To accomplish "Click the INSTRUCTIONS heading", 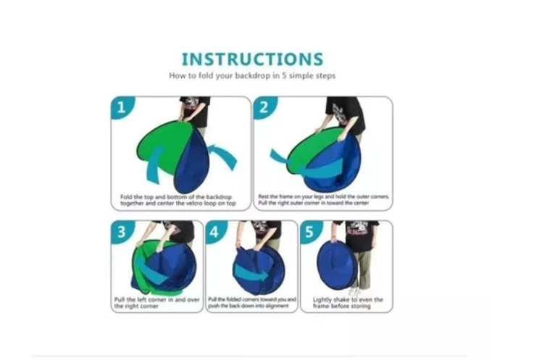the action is coord(252,59).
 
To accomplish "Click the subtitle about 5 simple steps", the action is coord(252,75).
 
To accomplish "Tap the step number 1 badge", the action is coord(122,107).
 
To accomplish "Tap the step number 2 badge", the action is coord(264,107).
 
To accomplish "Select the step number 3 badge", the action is coord(122,232).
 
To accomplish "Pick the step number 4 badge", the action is coord(216,232).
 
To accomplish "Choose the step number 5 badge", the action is coord(311,232).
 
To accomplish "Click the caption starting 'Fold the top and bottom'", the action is coord(178,200).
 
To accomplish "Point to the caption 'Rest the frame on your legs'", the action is coord(324,200).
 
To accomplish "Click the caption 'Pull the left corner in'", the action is coord(157,303).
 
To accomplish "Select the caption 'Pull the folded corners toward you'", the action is coord(252,303).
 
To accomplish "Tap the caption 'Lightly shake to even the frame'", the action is coord(348,303).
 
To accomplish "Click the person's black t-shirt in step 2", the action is coord(346,114).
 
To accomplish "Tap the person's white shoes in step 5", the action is coord(355,292).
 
